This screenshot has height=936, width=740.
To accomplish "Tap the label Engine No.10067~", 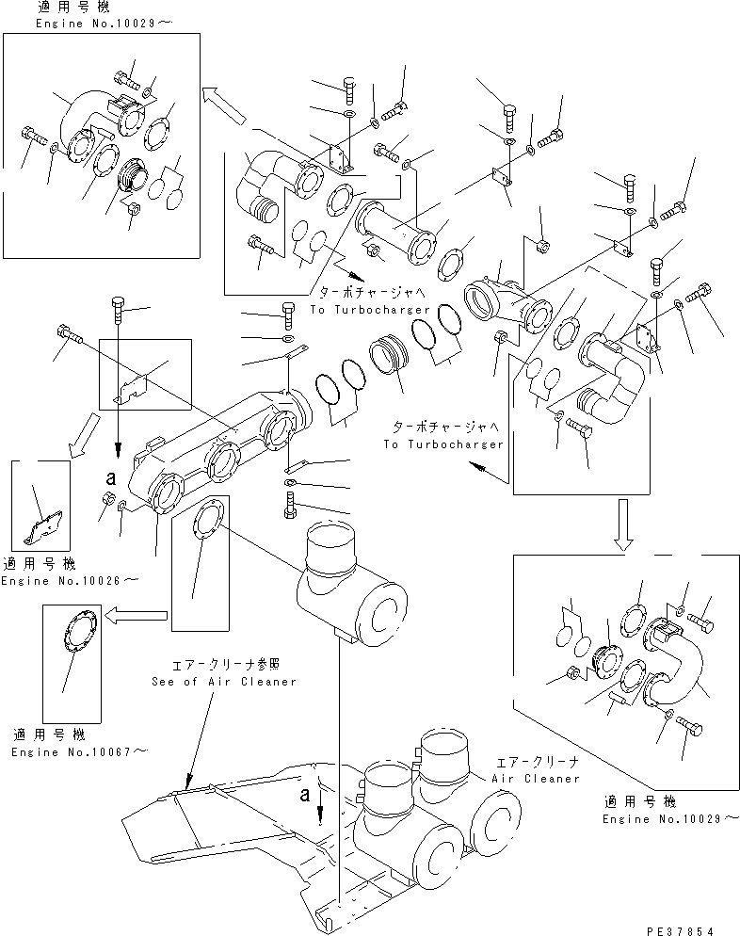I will [x=79, y=751].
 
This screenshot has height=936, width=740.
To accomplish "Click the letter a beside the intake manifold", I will [x=110, y=463].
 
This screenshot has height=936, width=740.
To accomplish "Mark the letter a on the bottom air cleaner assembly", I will [x=305, y=795].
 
